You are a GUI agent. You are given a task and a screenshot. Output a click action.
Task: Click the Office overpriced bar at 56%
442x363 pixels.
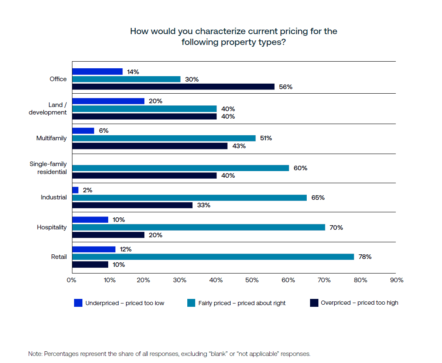[x=173, y=87]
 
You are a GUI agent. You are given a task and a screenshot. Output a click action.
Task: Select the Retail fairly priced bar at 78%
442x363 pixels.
[x=213, y=257]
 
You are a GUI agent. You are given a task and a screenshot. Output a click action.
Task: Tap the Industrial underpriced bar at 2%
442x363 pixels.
[x=75, y=190]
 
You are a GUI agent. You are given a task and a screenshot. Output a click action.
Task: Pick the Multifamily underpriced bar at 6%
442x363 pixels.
[x=83, y=131]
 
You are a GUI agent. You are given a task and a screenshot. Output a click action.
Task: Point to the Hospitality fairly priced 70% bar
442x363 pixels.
[x=199, y=227]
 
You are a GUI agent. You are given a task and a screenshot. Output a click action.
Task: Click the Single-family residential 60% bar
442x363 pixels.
[x=181, y=168]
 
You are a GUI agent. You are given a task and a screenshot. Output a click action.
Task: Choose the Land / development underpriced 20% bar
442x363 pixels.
[x=108, y=101]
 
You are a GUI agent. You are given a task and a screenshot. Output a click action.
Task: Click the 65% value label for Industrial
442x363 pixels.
[x=318, y=198]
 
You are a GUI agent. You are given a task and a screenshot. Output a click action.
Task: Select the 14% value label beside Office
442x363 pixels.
[x=133, y=72]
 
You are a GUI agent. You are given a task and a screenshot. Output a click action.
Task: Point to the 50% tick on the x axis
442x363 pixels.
[x=252, y=280]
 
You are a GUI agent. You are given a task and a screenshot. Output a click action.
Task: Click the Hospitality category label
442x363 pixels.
[x=52, y=227]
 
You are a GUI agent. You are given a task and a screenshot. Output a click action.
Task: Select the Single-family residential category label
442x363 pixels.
[x=48, y=168]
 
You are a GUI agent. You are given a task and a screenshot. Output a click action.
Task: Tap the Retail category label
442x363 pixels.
[x=59, y=257]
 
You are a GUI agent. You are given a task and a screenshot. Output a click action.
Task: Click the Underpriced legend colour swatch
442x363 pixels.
[x=78, y=303]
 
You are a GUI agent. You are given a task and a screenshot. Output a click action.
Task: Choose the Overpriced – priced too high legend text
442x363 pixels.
[x=359, y=303]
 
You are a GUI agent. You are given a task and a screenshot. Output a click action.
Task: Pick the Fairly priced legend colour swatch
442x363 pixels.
[x=191, y=303]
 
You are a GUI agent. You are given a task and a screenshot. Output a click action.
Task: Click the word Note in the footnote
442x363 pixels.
[x=35, y=354]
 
